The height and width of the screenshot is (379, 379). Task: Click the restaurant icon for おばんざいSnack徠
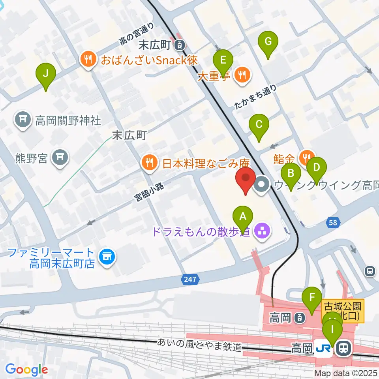(x=86, y=60)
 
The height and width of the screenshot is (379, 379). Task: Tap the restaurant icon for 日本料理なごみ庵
(x=149, y=163)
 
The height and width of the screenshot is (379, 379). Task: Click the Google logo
(x=26, y=370)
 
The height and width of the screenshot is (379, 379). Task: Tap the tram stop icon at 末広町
(x=180, y=45)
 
